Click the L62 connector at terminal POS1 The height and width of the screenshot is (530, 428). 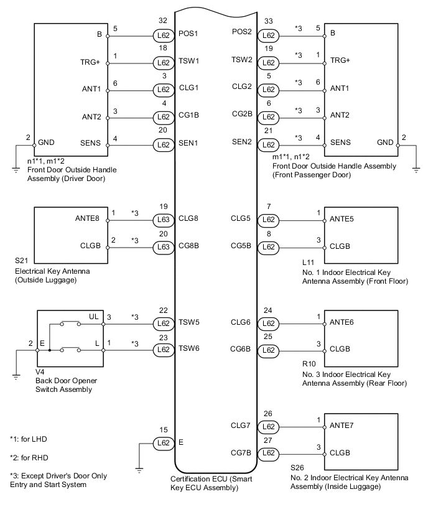pyautogui.click(x=163, y=36)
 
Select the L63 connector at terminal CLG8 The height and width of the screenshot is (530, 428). pyautogui.click(x=163, y=219)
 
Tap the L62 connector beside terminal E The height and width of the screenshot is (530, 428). pyautogui.click(x=163, y=443)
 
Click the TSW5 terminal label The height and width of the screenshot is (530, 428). pyautogui.click(x=189, y=323)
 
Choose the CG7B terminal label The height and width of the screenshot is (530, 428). pyautogui.click(x=241, y=453)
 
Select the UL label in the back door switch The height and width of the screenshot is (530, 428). pyautogui.click(x=94, y=317)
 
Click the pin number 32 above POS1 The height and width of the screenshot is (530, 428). pyautogui.click(x=163, y=21)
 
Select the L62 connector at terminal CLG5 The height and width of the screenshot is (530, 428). pyautogui.click(x=268, y=219)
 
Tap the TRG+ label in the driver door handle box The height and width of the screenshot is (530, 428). pyautogui.click(x=91, y=61)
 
